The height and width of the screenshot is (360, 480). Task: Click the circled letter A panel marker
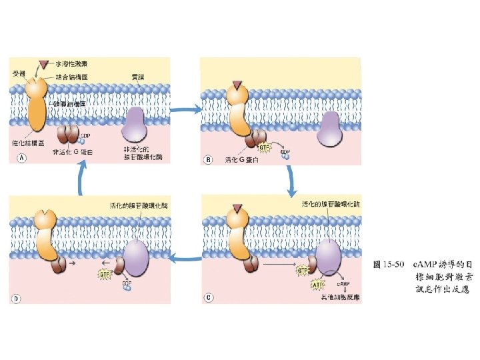pyautogui.click(x=20, y=159)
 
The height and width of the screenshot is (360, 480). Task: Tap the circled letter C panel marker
pyautogui.click(x=209, y=297)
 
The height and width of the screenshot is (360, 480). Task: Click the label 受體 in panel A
pyautogui.click(x=19, y=72)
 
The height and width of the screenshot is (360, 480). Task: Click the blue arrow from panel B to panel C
pyautogui.click(x=291, y=179)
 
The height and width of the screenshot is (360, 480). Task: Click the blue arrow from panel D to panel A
pyautogui.click(x=81, y=179)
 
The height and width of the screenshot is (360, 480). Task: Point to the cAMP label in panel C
pyautogui.click(x=343, y=285)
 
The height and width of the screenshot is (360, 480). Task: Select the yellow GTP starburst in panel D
pyautogui.click(x=105, y=274)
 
